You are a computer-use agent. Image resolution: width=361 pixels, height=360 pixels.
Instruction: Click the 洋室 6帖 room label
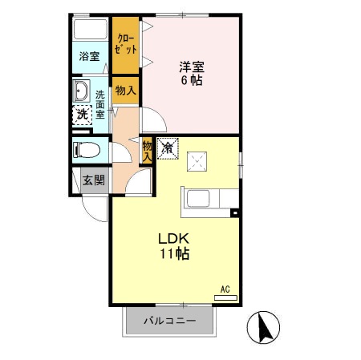(x=190, y=73)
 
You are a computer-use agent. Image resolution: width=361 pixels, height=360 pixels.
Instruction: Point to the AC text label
(x=225, y=288)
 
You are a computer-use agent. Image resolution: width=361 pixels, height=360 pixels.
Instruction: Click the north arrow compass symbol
(x=265, y=328)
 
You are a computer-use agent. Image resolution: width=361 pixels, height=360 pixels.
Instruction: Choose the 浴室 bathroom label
(x=89, y=56)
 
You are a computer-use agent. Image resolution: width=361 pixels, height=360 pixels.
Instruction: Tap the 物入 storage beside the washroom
(x=124, y=90)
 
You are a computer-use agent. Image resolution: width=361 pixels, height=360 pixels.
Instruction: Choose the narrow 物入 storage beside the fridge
(x=148, y=150)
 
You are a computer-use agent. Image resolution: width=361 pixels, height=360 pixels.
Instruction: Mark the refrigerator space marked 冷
(x=167, y=148)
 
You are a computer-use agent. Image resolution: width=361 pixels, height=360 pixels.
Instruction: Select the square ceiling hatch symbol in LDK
(x=197, y=163)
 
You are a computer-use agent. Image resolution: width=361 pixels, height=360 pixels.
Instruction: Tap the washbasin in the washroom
(x=82, y=89)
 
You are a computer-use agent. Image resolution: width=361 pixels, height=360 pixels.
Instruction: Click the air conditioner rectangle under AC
(x=225, y=297)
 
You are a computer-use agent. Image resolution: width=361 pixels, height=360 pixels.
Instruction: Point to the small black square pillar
(x=234, y=212)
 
